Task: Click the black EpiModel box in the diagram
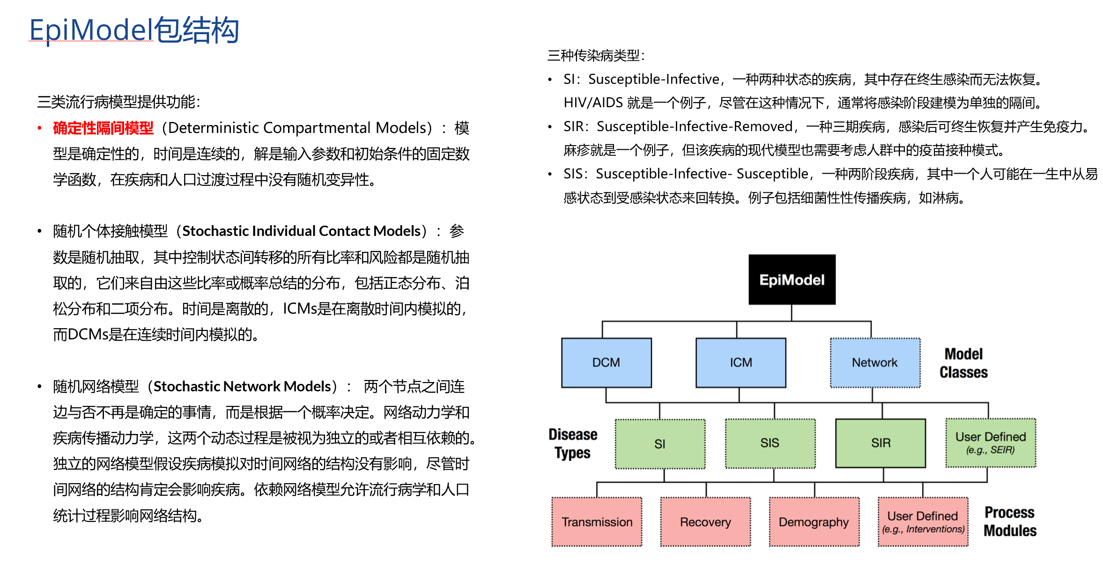click(792, 279)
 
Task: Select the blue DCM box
click(606, 362)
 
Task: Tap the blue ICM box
click(740, 362)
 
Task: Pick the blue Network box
click(874, 362)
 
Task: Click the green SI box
click(659, 443)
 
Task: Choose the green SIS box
click(770, 443)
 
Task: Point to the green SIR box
click(881, 443)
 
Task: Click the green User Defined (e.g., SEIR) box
click(990, 443)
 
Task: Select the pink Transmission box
click(597, 522)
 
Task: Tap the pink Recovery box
click(705, 522)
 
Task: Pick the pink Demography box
click(814, 522)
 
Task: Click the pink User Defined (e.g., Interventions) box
click(923, 522)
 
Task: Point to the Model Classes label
click(963, 363)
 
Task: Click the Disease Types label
click(572, 443)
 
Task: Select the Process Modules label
click(1010, 522)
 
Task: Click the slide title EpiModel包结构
click(134, 30)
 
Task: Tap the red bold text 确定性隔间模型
click(103, 128)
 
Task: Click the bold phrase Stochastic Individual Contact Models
click(301, 231)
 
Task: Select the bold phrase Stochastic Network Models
click(242, 386)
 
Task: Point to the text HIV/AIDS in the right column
click(593, 103)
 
